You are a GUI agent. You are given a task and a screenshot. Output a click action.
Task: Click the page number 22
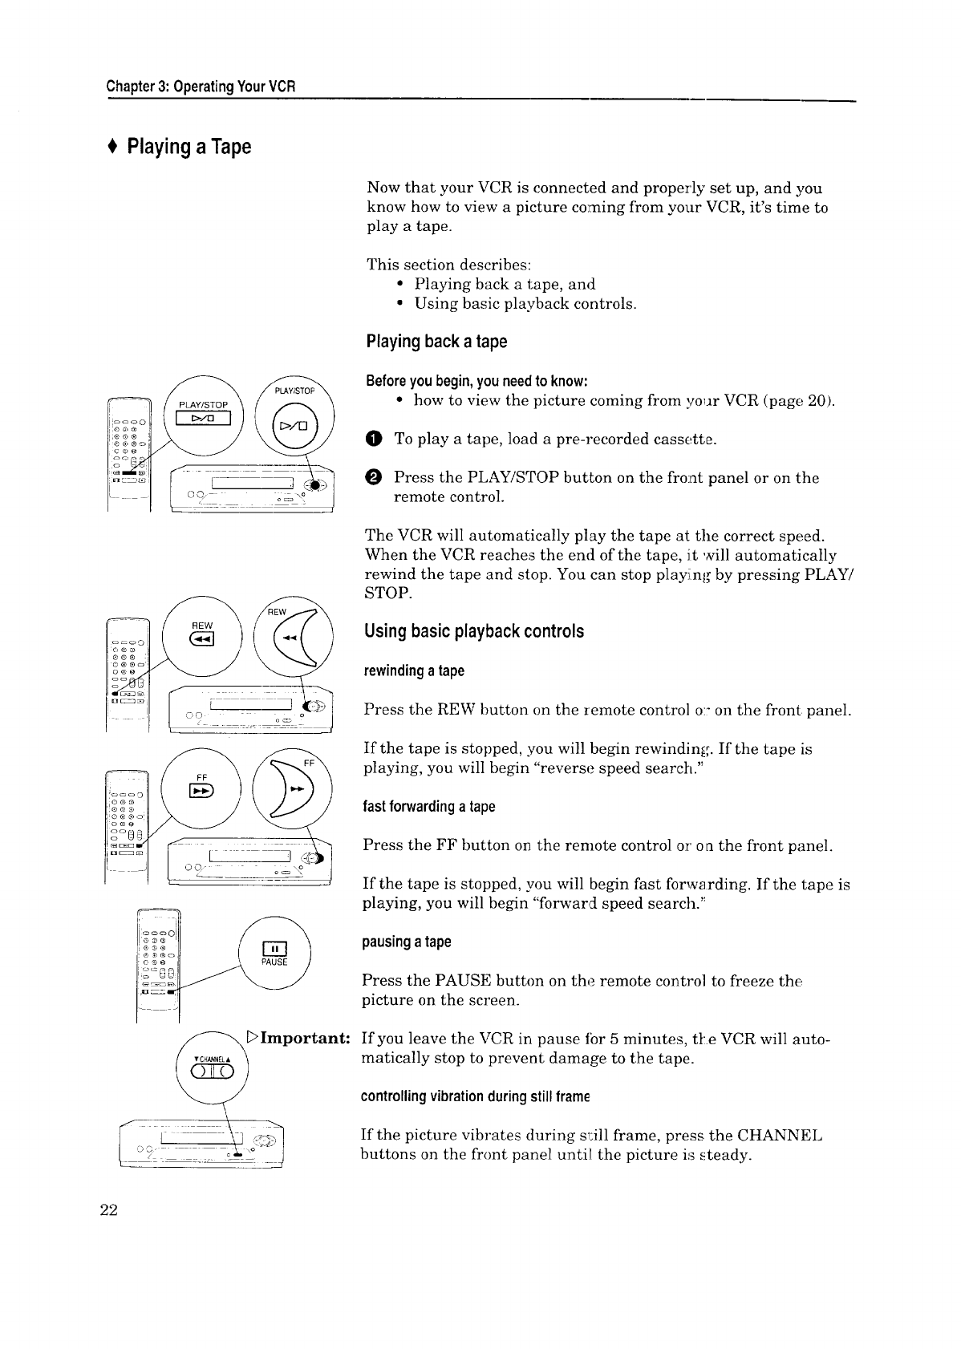tap(109, 1211)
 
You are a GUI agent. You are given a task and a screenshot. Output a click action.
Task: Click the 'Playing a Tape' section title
tap(189, 147)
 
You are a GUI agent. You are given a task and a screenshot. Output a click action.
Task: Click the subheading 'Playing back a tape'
tap(436, 342)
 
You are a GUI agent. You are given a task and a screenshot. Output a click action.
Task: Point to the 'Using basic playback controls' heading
tap(474, 631)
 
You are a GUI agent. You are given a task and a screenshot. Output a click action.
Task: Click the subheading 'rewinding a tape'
tap(414, 670)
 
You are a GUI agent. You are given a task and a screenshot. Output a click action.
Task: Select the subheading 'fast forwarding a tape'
tap(429, 806)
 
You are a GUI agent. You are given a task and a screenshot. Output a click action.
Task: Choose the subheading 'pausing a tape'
tap(408, 942)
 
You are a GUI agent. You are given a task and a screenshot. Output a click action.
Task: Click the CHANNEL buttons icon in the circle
tap(212, 1072)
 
